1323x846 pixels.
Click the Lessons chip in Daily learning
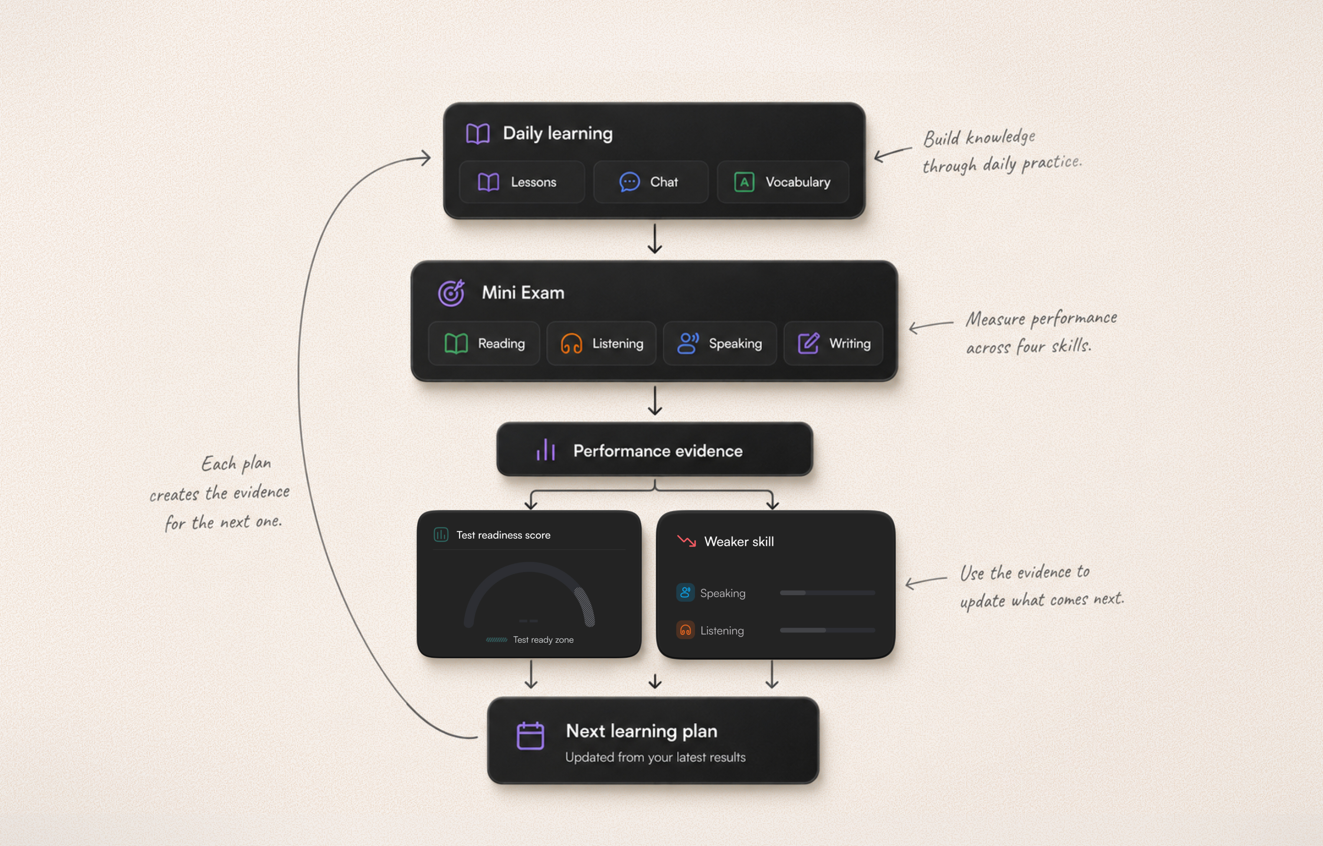521,182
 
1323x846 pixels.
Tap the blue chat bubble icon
630,182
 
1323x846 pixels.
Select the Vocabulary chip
783,182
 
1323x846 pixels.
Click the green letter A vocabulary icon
744,182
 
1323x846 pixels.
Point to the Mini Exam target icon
451,292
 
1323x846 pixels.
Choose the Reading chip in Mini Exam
484,343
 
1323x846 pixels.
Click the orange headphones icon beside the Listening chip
571,344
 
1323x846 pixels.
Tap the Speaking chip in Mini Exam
720,343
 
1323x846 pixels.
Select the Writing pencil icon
809,343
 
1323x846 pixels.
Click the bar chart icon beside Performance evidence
546,450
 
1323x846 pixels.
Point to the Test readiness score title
503,535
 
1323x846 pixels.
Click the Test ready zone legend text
543,639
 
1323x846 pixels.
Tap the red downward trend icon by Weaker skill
687,541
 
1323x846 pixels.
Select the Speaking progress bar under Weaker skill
828,593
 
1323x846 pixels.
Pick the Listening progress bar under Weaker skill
828,630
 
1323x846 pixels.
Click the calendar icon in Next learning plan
530,735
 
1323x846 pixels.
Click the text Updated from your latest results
655,757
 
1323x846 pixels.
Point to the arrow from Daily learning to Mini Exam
654,239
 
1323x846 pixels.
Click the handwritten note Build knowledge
980,137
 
